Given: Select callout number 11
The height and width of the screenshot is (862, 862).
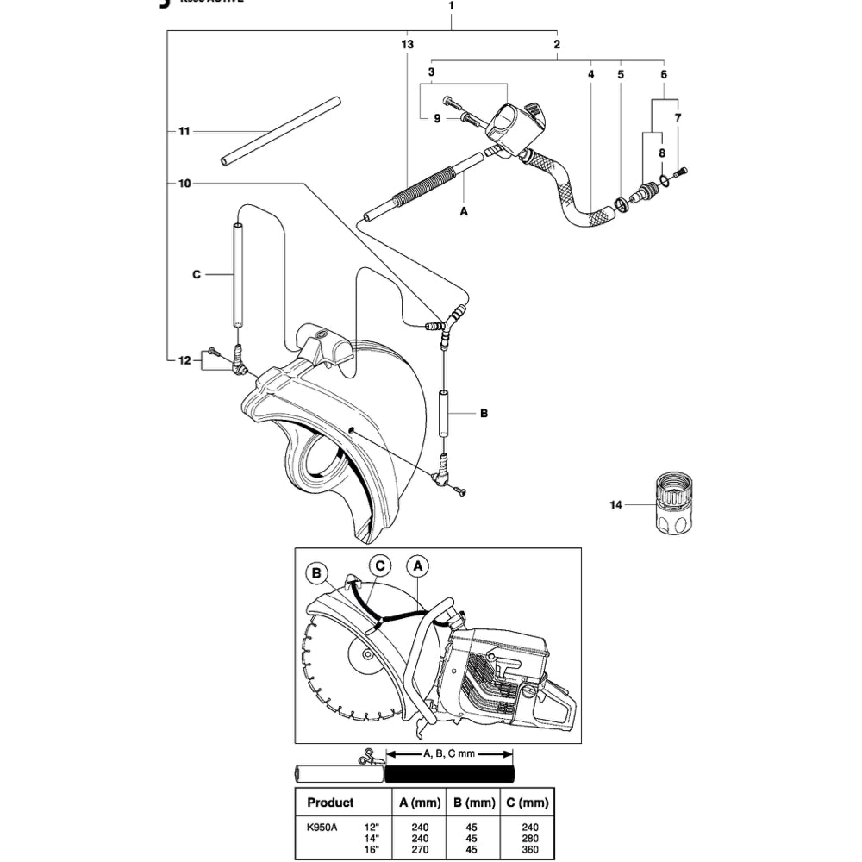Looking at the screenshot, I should coord(183,131).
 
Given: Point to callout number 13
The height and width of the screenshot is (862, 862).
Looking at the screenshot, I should coord(407,44).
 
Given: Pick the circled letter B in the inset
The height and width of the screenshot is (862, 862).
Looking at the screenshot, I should coord(316,572).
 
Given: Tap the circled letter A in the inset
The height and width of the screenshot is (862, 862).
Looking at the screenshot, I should coord(417,566).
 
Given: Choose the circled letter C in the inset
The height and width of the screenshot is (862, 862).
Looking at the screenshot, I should coord(380,566).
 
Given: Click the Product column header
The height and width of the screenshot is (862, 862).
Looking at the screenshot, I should coord(330,803).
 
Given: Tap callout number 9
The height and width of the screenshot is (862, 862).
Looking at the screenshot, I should coord(438,118).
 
